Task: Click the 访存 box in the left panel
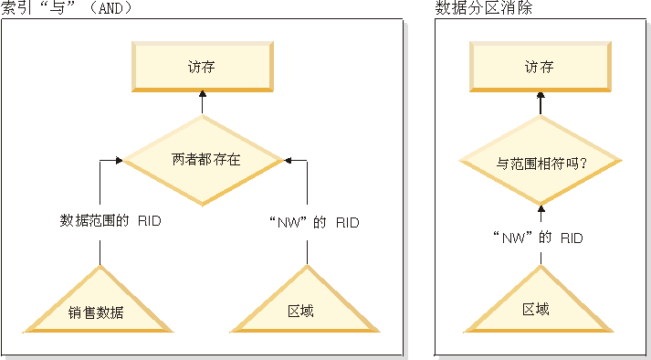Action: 203,67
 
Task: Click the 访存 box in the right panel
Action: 540,67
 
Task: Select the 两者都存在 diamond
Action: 202,160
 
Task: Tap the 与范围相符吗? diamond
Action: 541,164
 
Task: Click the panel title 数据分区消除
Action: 484,8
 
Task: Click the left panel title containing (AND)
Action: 68,8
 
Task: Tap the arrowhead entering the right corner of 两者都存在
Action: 286,160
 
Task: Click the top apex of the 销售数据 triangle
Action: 99,269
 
